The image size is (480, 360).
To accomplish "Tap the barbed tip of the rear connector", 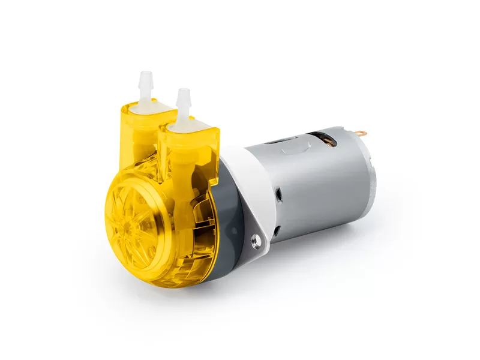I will [x=145, y=76].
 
